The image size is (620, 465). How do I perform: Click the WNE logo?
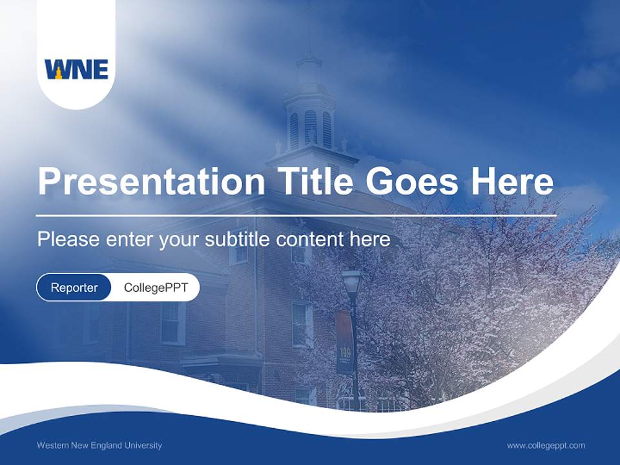(76, 69)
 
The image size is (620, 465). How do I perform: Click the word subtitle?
(238, 240)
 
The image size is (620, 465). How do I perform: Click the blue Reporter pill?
(74, 287)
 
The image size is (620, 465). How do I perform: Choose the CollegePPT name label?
(156, 287)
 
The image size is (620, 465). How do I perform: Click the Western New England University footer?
(99, 445)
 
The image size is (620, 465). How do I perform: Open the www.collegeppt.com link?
(546, 445)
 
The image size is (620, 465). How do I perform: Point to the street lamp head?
(351, 282)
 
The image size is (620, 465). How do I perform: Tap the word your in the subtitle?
(180, 240)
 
